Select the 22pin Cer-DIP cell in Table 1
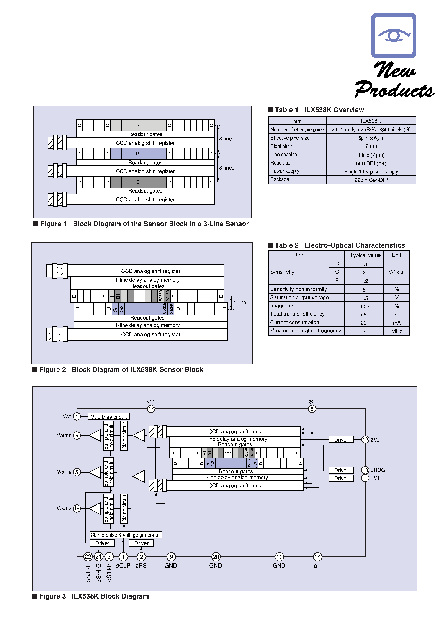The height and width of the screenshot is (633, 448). (x=371, y=180)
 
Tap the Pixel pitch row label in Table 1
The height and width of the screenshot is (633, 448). (x=281, y=146)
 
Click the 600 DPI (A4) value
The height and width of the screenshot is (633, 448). (x=371, y=163)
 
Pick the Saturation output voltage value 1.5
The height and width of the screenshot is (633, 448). (x=364, y=298)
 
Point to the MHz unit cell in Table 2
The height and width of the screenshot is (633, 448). (x=396, y=331)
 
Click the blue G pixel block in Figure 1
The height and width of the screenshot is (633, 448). (x=138, y=153)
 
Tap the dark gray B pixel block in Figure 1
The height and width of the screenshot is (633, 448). (x=138, y=182)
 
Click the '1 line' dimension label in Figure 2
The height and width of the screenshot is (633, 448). (x=240, y=302)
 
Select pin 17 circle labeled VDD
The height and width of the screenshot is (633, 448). (x=151, y=409)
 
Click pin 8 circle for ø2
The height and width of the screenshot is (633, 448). (x=312, y=409)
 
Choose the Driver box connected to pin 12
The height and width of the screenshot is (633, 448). (x=341, y=439)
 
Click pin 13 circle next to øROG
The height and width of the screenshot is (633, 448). (x=365, y=470)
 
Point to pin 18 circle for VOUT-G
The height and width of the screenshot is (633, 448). (x=77, y=508)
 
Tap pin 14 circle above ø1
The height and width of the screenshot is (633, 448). (x=317, y=557)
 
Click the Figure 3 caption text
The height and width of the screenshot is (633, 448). (x=94, y=596)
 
